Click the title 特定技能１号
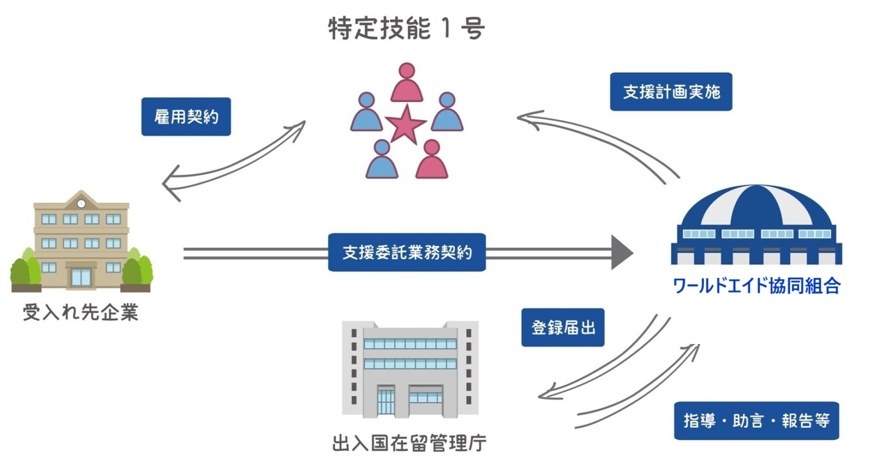406,28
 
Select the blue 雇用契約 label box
186,117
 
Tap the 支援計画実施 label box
671,92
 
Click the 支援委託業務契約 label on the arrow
407,252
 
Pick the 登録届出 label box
563,328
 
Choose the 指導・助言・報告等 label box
756,421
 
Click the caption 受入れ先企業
81,312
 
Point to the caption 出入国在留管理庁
409,443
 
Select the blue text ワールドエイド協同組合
756,286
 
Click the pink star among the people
406,124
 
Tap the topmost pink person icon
407,83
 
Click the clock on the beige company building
81,204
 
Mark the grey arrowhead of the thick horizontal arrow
622,252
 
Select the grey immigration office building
410,369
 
